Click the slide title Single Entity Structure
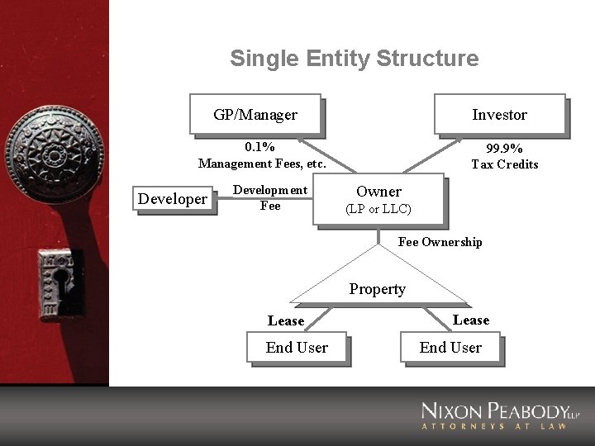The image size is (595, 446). [x=354, y=59]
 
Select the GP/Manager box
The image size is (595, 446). [x=255, y=114]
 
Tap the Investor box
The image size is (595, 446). [x=499, y=114]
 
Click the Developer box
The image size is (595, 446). [x=173, y=199]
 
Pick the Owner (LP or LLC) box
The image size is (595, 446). [x=378, y=200]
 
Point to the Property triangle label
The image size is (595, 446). [x=377, y=289]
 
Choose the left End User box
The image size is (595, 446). [x=297, y=348]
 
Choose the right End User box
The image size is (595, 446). [x=450, y=348]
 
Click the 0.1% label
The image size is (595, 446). [x=259, y=147]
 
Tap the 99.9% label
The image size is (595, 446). [x=504, y=149]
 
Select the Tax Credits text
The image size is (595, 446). [x=504, y=164]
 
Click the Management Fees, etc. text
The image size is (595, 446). [x=262, y=164]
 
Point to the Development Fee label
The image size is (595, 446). [x=270, y=198]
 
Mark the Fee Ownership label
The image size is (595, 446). [x=440, y=242]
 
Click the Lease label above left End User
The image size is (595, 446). [x=286, y=321]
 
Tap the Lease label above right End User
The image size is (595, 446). [x=471, y=320]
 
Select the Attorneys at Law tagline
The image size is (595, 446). [x=495, y=426]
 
